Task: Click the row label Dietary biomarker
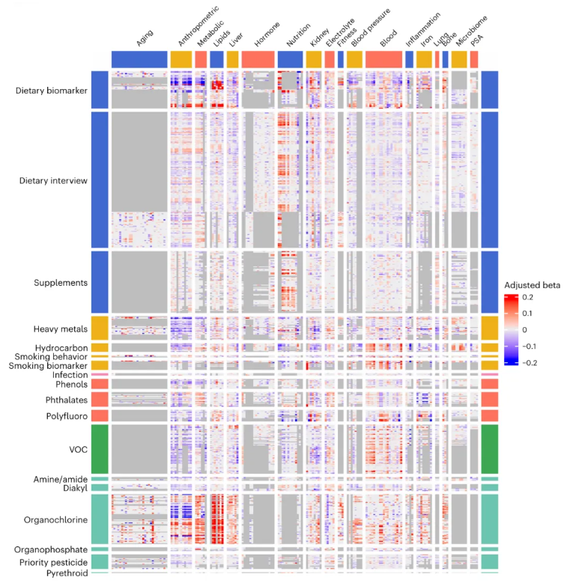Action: (51, 91)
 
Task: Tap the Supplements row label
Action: (61, 283)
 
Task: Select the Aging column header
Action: (146, 39)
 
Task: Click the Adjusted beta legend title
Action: (533, 286)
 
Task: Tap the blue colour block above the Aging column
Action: (139, 58)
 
